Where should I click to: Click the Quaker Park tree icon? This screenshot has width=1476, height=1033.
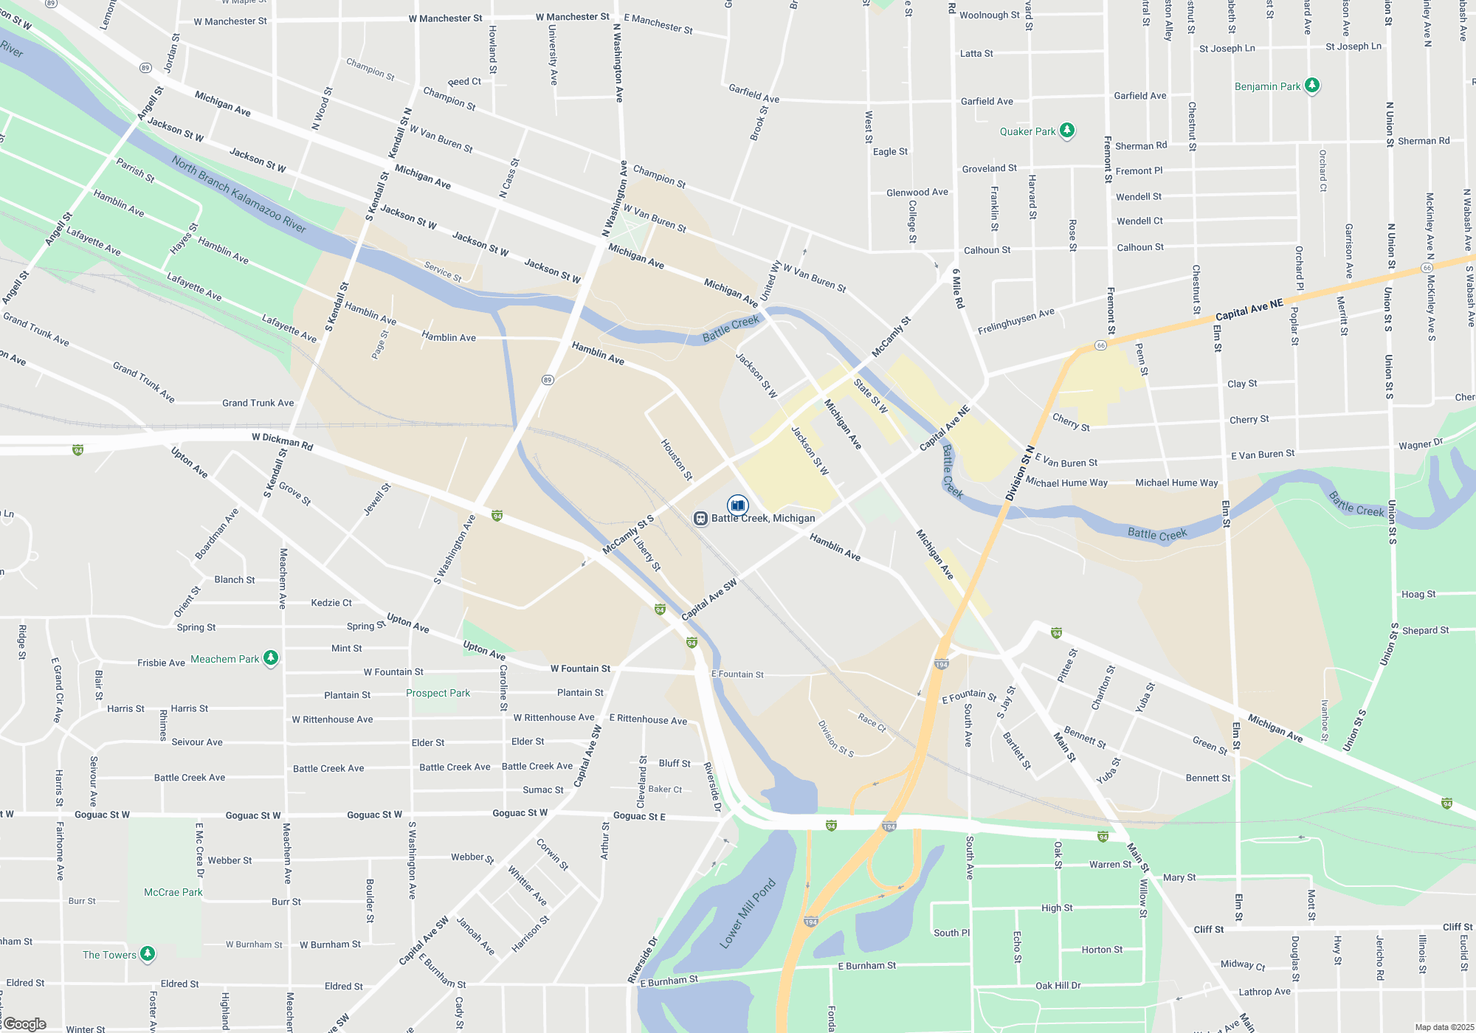coord(1066,131)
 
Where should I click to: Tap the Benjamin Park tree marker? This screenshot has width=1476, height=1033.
coord(1311,86)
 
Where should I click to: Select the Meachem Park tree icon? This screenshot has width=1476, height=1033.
coord(271,658)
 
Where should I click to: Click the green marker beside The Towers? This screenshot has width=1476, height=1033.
coord(148,954)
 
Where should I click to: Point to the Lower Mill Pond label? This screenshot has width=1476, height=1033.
coord(748,913)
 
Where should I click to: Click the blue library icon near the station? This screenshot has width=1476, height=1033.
coord(737,505)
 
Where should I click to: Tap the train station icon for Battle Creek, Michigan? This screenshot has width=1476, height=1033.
coord(700,518)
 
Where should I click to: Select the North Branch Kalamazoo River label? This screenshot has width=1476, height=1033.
coord(238,193)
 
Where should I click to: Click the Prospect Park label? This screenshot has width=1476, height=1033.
coord(438,693)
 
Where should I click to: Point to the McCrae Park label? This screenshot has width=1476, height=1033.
coord(173,892)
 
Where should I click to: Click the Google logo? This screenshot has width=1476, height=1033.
coord(24,1024)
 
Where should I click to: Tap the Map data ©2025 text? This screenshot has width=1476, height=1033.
coord(1444,1027)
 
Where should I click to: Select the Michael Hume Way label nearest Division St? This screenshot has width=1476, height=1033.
coord(1066,483)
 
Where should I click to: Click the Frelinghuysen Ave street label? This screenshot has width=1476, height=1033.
coord(1016,322)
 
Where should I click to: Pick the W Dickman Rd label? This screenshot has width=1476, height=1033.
coord(282,441)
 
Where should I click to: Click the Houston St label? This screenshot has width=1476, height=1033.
coord(676,460)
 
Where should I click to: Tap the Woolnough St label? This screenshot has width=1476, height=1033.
coord(989,15)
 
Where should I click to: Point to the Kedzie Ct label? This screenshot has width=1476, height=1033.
coord(331,603)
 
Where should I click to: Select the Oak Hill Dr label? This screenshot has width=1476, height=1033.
coord(1058,985)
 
